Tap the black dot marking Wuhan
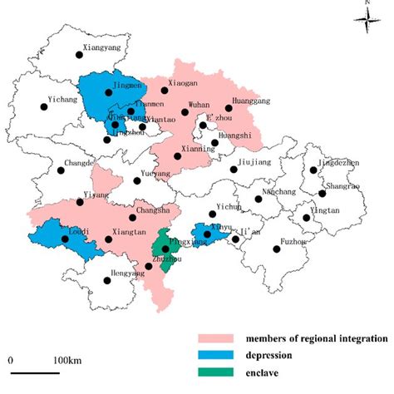[x=185, y=113]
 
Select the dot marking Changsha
[x=131, y=218]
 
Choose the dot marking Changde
[x=61, y=172]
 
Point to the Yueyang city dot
[x=137, y=180]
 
